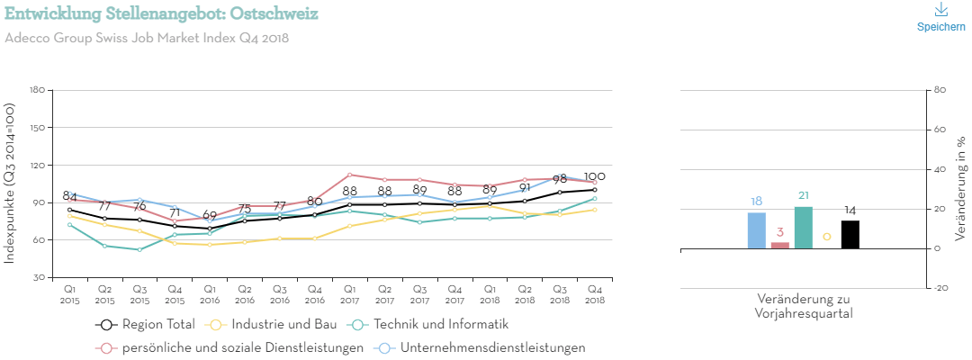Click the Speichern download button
coord(940,17)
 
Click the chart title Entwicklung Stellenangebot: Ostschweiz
coord(161,14)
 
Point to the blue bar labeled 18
coord(757,230)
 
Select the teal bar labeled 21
coord(804,228)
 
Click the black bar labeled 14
coord(850,234)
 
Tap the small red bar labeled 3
coord(780,245)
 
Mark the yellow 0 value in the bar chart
coord(827,237)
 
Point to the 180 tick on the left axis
coord(37,90)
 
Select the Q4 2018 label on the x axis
coord(594,295)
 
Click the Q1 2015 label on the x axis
coord(69,295)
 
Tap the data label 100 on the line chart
coord(594,176)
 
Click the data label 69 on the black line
coord(210,216)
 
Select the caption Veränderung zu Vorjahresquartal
coord(804,306)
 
